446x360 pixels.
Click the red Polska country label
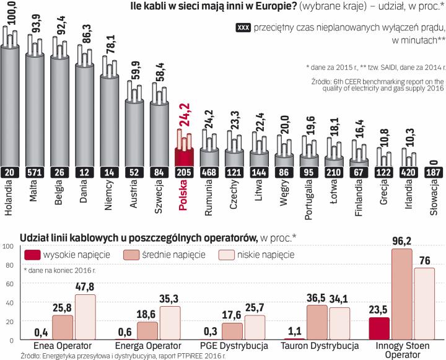pos(184,200)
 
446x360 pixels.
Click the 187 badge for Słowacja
pos(435,172)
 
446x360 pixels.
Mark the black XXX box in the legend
pos(243,28)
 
